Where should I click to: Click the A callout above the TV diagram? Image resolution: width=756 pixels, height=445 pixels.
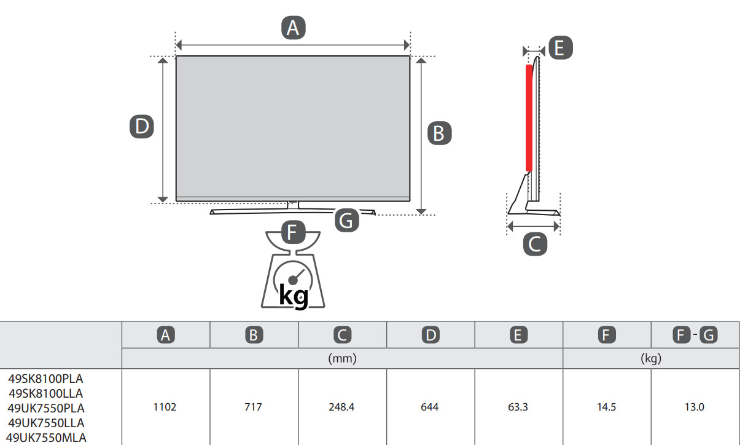(x=294, y=28)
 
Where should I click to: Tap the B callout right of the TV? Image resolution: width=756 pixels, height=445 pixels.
(x=440, y=133)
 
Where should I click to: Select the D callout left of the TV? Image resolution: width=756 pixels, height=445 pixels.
(x=142, y=127)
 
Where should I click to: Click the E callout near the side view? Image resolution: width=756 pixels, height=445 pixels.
(x=561, y=48)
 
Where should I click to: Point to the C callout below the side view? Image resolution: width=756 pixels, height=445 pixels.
(x=535, y=243)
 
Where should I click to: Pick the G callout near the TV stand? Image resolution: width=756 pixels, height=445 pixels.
(x=346, y=220)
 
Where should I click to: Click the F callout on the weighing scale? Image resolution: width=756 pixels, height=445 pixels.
(x=294, y=232)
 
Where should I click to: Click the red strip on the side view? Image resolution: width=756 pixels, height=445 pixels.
(x=529, y=118)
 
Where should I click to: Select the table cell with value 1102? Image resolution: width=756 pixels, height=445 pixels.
(x=165, y=407)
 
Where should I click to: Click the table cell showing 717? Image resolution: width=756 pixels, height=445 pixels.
(x=253, y=407)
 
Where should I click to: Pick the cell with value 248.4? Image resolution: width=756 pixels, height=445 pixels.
(x=341, y=407)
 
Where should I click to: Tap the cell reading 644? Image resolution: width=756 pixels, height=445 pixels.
(x=430, y=407)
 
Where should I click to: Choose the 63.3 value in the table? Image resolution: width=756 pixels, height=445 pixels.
(x=518, y=407)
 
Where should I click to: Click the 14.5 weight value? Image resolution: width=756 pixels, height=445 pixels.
(x=606, y=407)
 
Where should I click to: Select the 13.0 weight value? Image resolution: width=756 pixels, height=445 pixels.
(x=694, y=407)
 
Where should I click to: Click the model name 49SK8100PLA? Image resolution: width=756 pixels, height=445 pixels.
(x=45, y=379)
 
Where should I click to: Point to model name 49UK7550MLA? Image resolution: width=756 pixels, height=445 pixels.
(x=46, y=438)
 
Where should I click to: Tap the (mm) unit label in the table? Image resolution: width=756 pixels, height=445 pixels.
(x=342, y=358)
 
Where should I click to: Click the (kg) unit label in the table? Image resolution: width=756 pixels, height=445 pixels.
(x=651, y=358)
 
